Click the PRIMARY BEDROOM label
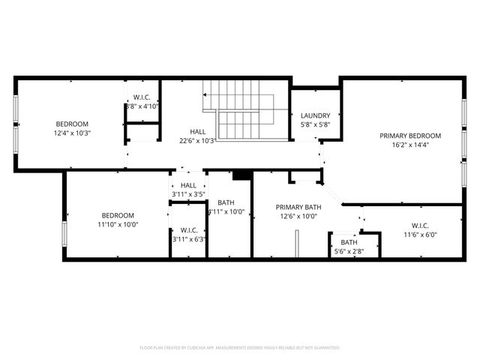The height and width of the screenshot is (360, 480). pos(409,136)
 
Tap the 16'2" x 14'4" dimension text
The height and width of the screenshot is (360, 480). pos(409,145)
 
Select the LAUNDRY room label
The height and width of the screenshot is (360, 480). pos(315,115)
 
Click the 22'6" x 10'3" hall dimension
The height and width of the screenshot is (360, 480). pos(197,140)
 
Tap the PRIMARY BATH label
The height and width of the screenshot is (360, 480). pos(298,207)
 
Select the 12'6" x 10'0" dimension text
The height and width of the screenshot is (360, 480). pos(298,217)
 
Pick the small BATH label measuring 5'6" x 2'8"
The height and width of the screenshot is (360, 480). pos(349,242)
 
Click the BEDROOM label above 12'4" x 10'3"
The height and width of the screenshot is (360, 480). pos(72,124)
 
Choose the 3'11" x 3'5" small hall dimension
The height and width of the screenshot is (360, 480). pos(188,194)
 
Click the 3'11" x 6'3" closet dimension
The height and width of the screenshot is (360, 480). pos(188,239)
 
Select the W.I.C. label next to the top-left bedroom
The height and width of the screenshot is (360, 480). pos(142,97)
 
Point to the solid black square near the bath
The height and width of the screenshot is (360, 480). pos(240,175)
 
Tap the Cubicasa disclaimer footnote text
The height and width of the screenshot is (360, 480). pos(240,347)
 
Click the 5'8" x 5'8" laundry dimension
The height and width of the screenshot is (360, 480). pos(315,124)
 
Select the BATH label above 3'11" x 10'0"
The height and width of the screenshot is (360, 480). pos(226,202)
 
